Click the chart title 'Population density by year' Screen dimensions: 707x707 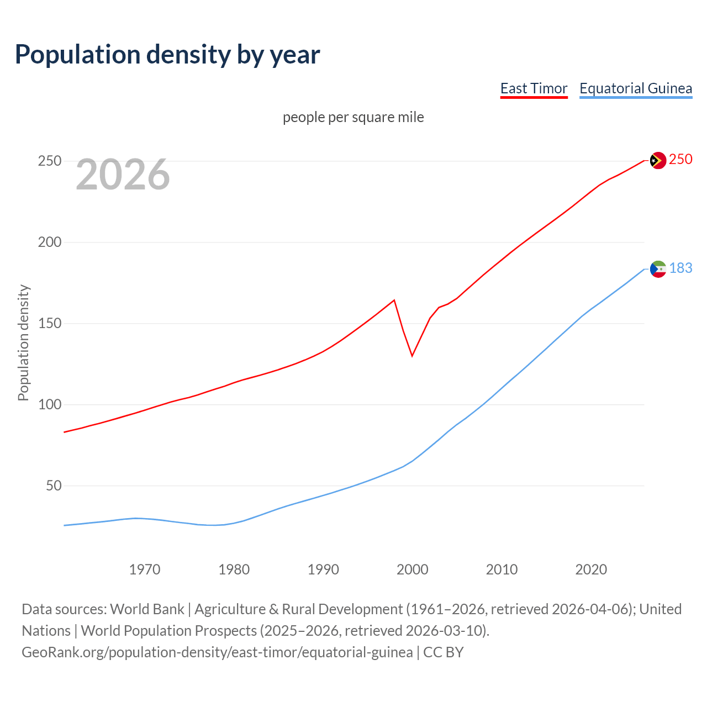[x=167, y=55]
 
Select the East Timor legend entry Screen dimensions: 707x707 [x=534, y=88]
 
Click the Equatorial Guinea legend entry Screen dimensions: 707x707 [x=635, y=88]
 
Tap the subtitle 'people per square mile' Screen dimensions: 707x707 [x=353, y=117]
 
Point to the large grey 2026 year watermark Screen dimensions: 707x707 [x=123, y=175]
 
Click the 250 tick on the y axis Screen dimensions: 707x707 [x=50, y=161]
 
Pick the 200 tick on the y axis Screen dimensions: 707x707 [x=50, y=242]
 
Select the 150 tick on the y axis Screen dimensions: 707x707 [x=50, y=324]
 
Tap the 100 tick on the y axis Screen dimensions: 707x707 [x=50, y=405]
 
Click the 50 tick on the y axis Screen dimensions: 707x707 [x=54, y=486]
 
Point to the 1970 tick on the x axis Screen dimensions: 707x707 [x=145, y=569]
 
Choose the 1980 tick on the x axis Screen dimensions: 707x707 [x=234, y=569]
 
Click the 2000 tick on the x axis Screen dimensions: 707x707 [x=413, y=569]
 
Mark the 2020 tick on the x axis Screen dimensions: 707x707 [x=591, y=569]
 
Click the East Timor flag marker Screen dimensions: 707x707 [x=657, y=161]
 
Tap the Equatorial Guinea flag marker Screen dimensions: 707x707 [x=658, y=269]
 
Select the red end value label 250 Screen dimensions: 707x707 [x=680, y=160]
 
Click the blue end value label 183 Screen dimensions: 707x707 [x=680, y=268]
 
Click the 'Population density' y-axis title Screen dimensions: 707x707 [x=23, y=342]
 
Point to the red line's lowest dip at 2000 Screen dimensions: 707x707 [x=412, y=356]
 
